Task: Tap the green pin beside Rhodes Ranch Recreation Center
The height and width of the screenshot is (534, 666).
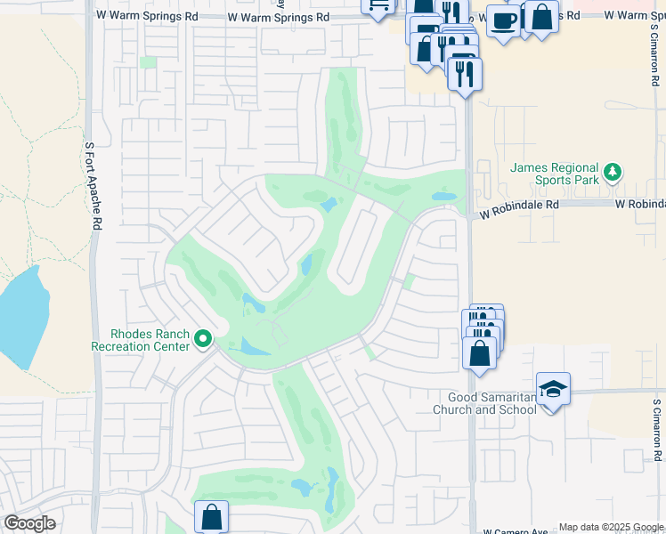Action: click(x=203, y=338)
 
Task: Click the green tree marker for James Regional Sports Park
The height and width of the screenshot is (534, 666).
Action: click(x=612, y=171)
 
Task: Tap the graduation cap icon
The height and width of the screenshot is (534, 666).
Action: click(x=553, y=388)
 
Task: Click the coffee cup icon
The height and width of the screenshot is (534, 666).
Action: click(x=504, y=20)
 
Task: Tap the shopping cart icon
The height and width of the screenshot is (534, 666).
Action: click(x=378, y=5)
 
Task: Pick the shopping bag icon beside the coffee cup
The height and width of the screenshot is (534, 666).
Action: click(x=540, y=17)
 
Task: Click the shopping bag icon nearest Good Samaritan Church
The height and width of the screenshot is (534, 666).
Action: click(x=480, y=353)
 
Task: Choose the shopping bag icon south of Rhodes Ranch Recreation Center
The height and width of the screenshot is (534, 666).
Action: click(x=211, y=517)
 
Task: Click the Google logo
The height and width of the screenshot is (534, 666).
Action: click(x=29, y=523)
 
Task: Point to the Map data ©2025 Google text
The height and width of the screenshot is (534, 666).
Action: click(x=611, y=528)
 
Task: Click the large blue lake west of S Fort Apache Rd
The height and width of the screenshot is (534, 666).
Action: click(x=20, y=316)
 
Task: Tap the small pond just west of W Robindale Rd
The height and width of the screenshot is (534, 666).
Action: click(x=443, y=197)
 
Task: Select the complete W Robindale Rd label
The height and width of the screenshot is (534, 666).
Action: click(x=518, y=204)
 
